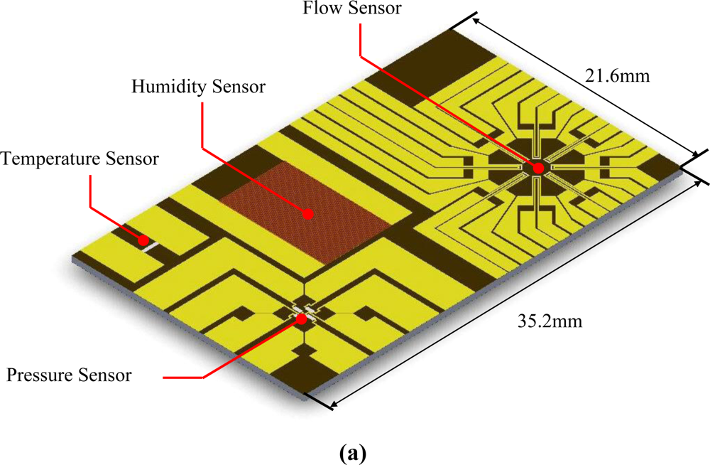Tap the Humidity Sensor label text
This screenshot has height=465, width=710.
[199, 87]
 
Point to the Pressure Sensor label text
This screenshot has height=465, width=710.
[70, 375]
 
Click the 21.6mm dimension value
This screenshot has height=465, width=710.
[618, 74]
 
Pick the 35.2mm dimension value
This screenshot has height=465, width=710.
[551, 321]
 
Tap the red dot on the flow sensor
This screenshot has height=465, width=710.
[537, 168]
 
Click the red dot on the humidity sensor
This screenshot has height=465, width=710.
[308, 212]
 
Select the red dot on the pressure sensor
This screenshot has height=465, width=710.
[302, 319]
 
